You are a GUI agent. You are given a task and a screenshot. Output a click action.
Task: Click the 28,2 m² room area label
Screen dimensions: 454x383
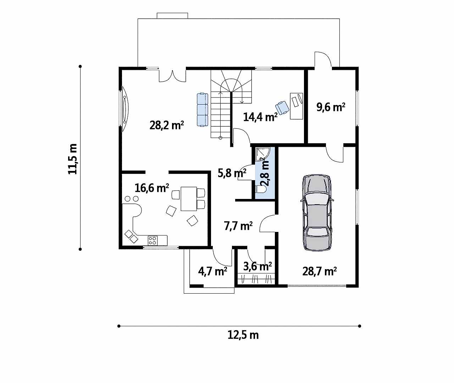pyautogui.click(x=167, y=125)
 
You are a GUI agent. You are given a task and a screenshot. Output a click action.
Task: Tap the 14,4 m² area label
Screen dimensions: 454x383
pyautogui.click(x=260, y=117)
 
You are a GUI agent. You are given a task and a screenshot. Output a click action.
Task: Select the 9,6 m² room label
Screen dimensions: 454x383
pyautogui.click(x=331, y=107)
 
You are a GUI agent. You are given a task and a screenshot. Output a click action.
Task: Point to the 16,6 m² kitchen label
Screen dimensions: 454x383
pyautogui.click(x=152, y=188)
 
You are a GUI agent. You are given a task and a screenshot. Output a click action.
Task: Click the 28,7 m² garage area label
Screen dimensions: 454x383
pyautogui.click(x=320, y=271)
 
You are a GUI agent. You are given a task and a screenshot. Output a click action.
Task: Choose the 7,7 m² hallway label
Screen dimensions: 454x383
pyautogui.click(x=238, y=226)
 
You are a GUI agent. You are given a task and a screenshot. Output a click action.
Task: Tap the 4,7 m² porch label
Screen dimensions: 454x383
pyautogui.click(x=213, y=272)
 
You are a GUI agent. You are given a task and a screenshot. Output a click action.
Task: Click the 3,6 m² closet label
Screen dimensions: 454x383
pyautogui.click(x=258, y=266)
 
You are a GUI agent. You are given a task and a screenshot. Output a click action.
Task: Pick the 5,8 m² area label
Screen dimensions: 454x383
pyautogui.click(x=232, y=173)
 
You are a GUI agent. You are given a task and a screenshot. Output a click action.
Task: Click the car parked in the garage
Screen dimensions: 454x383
pyautogui.click(x=317, y=212)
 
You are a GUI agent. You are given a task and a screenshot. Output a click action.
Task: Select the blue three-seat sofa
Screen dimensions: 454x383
pyautogui.click(x=203, y=110)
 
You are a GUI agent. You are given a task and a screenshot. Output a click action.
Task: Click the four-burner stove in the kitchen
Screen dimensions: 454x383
pyautogui.click(x=153, y=241)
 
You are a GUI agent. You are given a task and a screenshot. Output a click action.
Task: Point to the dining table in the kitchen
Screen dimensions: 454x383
pyautogui.click(x=189, y=199)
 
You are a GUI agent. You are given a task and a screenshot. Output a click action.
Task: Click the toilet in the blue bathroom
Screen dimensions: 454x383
pyautogui.click(x=261, y=189)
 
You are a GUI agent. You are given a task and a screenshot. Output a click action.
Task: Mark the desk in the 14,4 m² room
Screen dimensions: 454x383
pyautogui.click(x=297, y=106)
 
